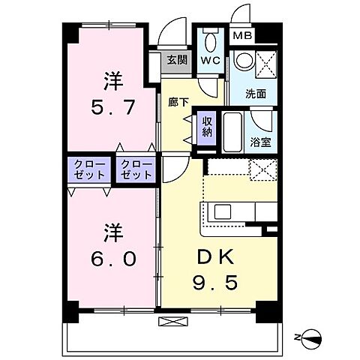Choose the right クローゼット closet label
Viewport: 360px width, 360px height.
135,169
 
